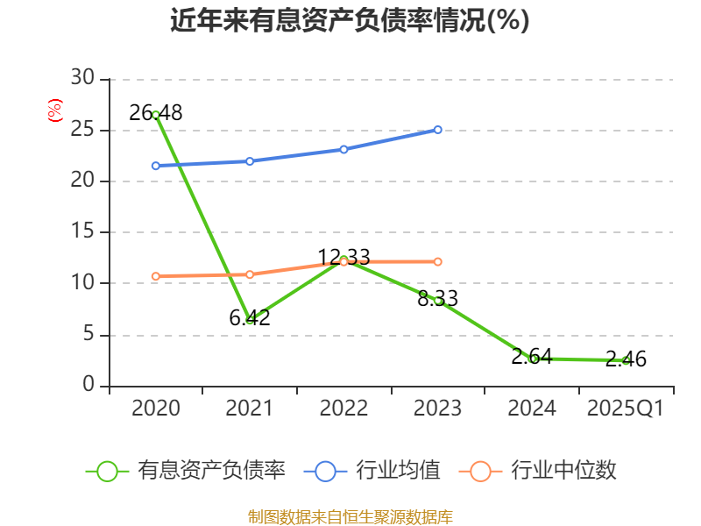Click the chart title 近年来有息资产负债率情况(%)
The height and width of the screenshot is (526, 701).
350,20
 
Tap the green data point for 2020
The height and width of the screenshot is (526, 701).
156,115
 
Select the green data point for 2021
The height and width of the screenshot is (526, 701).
250,320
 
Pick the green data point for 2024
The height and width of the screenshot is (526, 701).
533,359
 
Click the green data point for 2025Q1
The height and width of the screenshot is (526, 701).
626,360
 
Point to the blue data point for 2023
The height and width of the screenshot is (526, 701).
438,130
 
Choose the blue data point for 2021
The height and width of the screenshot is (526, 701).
250,161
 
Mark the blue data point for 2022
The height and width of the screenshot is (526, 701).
343,149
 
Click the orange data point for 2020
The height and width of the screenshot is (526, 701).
156,276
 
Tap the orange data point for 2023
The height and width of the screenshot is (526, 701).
438,261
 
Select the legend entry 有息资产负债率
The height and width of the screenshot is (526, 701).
186,471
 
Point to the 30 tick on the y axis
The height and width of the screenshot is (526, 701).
82,79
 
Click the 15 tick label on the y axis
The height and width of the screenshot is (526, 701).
82,232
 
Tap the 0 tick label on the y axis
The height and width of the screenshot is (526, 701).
89,386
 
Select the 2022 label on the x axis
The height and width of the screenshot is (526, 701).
343,409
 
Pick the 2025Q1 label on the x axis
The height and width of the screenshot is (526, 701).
626,409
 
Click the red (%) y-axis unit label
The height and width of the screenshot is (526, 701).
54,111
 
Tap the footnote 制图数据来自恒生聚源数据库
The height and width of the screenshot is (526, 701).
350,516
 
